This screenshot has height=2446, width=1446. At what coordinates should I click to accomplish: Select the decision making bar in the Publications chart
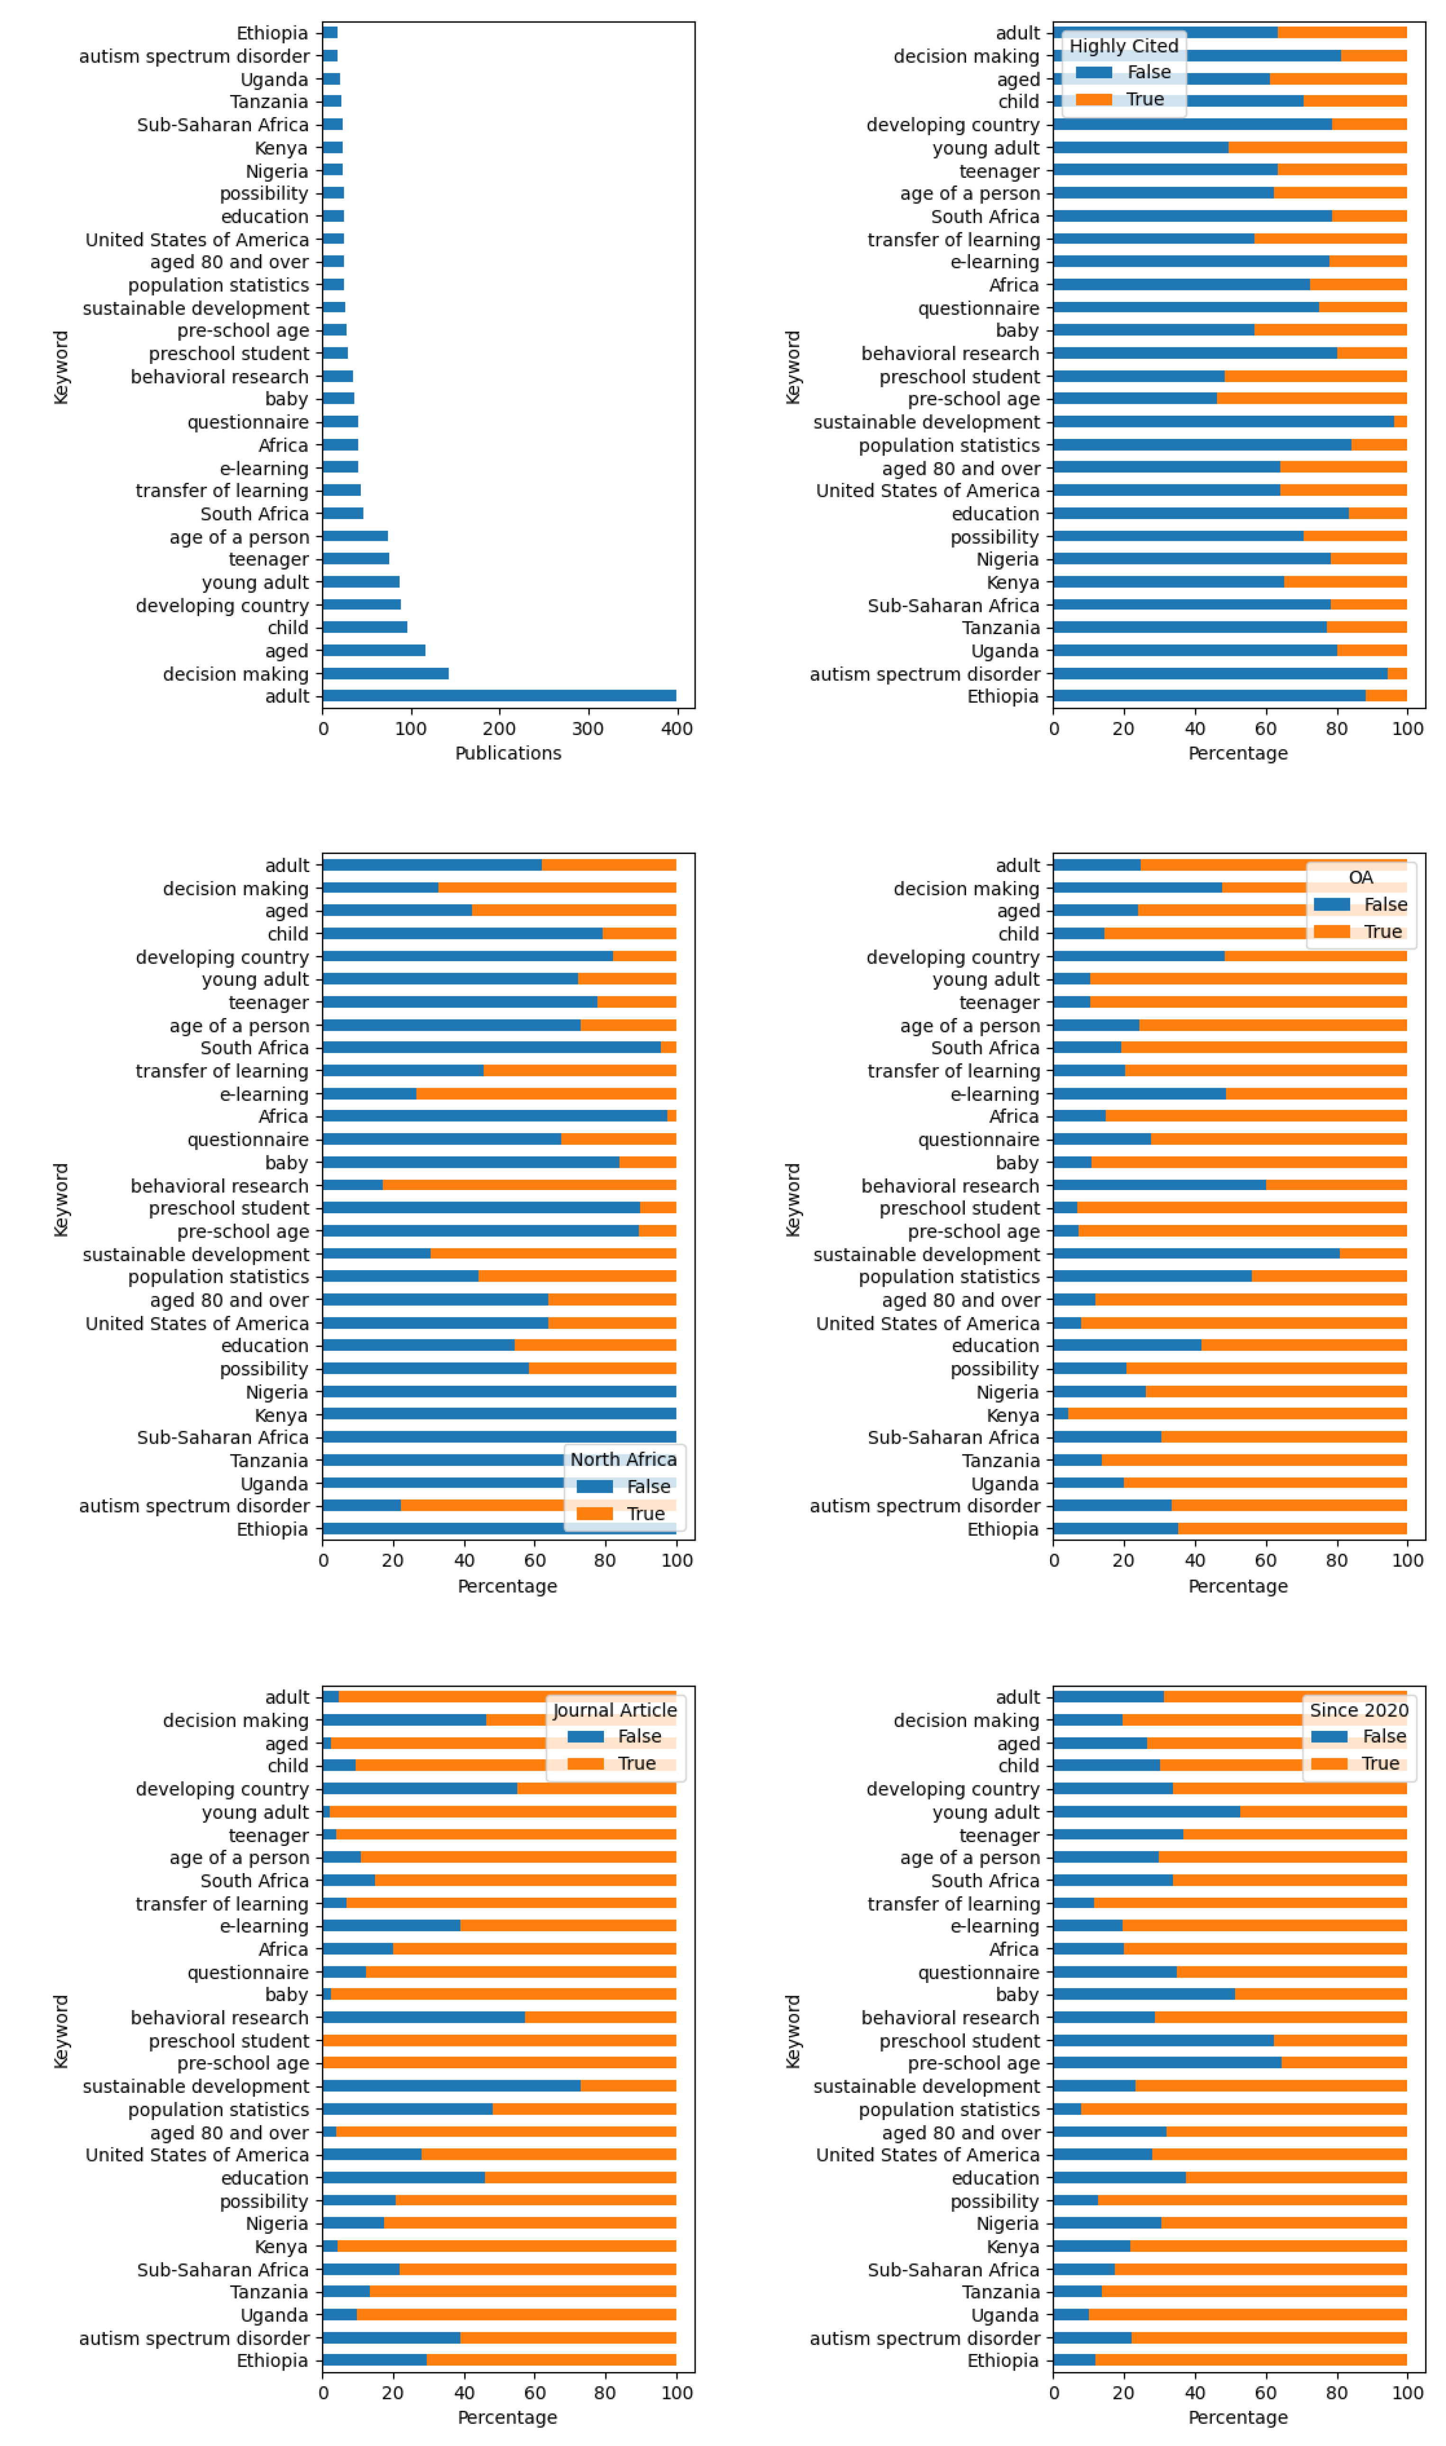386,673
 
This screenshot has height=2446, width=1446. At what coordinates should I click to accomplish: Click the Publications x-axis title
508,753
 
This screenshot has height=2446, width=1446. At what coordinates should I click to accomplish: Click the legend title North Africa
623,1459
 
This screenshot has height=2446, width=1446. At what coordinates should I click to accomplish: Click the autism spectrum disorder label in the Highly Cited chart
924,674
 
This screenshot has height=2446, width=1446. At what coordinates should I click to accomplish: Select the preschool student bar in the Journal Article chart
499,2041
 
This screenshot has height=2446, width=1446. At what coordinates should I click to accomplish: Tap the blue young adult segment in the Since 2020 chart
1147,1812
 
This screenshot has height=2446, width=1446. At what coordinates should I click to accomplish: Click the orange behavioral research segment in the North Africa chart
529,1185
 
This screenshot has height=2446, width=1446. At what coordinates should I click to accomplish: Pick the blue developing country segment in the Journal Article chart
420,1789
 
